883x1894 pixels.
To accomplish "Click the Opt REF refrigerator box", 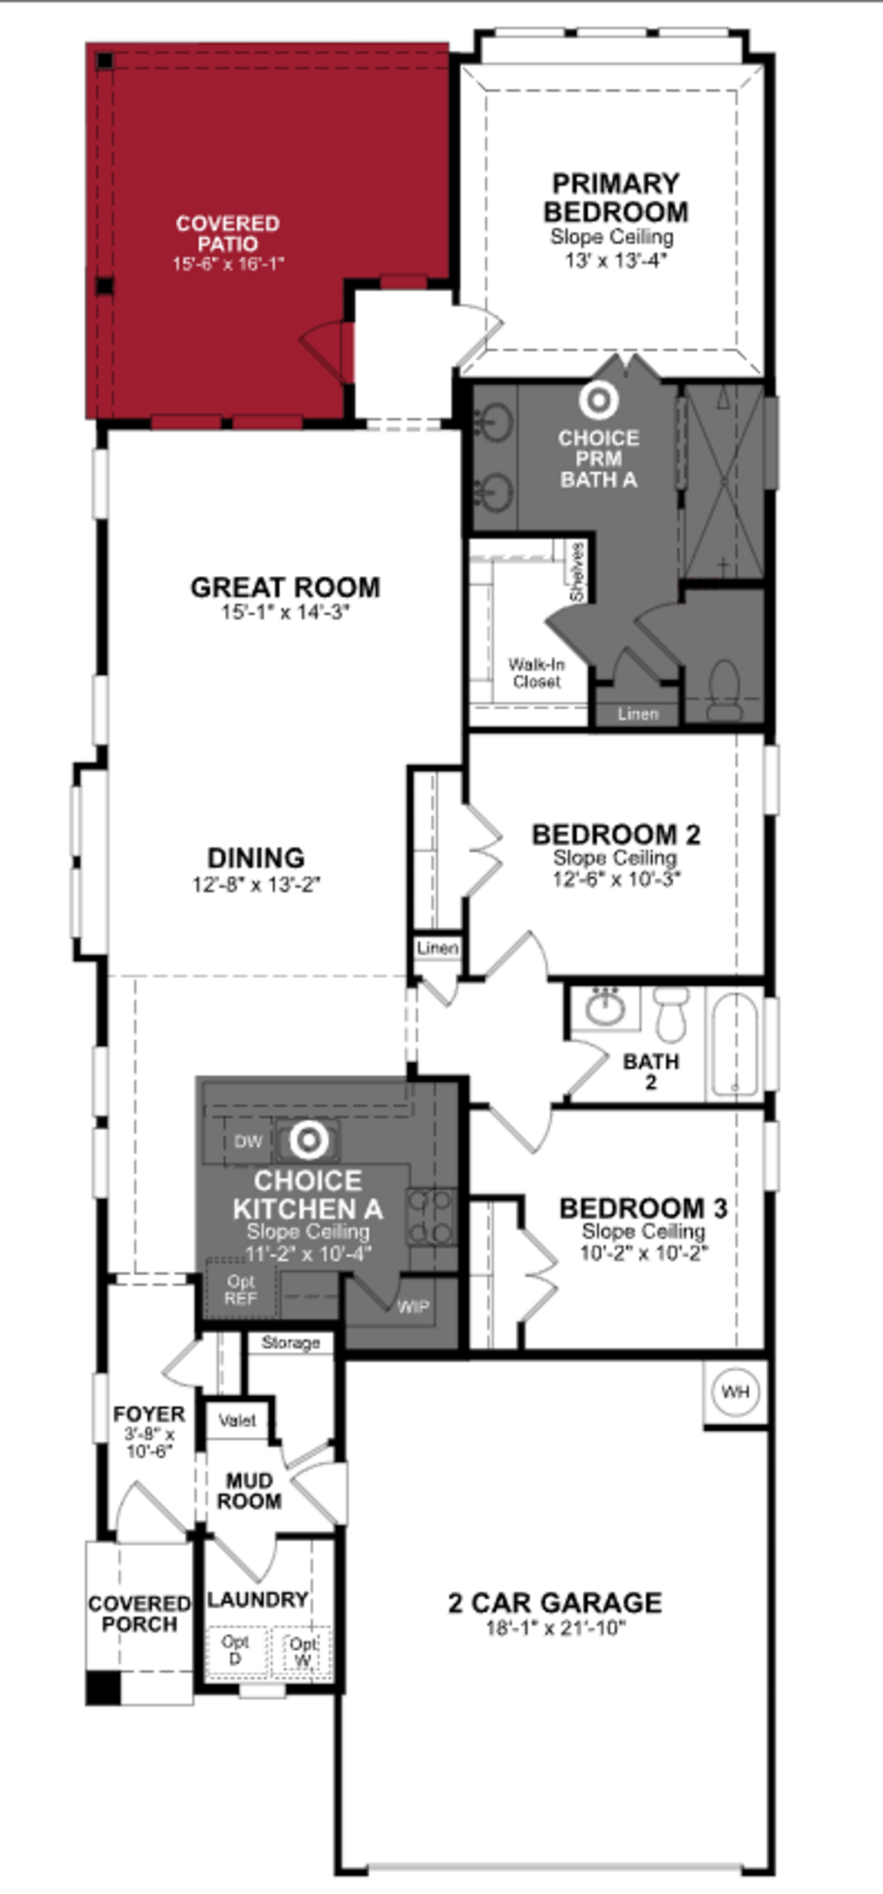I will [x=241, y=1290].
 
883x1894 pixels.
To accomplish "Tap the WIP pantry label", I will [x=413, y=1307].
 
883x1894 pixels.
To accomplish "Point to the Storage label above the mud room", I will [x=290, y=1343].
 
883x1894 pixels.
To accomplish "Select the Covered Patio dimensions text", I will [x=228, y=264].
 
